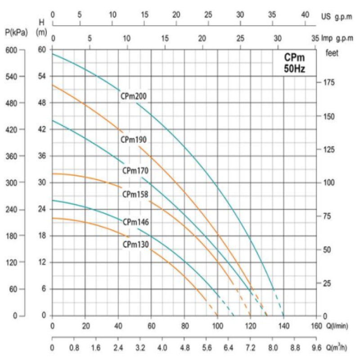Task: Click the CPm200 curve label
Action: pyautogui.click(x=134, y=96)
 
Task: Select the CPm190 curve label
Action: pyautogui.click(x=134, y=139)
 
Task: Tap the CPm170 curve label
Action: pyautogui.click(x=135, y=171)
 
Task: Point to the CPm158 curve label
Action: pyautogui.click(x=135, y=194)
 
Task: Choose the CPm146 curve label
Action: pyautogui.click(x=135, y=222)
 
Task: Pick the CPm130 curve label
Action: pyautogui.click(x=135, y=244)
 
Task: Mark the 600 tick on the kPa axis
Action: pyautogui.click(x=11, y=50)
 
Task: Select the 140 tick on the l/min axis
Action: pyautogui.click(x=283, y=326)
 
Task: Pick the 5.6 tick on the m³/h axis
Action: pyautogui.click(x=207, y=348)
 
